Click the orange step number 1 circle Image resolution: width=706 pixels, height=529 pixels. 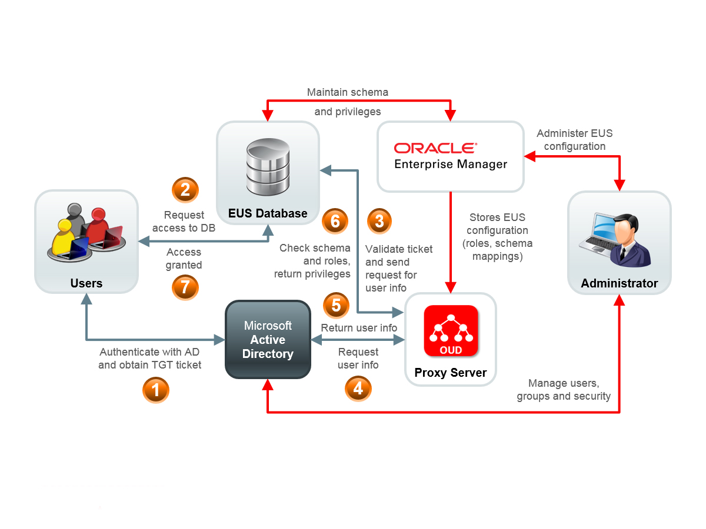[x=156, y=390]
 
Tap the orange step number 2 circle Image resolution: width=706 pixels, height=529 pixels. [x=185, y=190]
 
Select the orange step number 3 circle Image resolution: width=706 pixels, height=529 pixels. [x=379, y=221]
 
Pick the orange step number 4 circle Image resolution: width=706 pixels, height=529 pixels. [x=358, y=389]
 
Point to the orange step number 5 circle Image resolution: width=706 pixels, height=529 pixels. [x=336, y=305]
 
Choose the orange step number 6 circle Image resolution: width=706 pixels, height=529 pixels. [x=335, y=221]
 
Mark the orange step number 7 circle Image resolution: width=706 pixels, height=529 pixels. [x=185, y=287]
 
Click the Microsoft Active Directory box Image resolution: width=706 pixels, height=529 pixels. [x=268, y=340]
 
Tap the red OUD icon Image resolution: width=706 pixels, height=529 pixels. [x=451, y=330]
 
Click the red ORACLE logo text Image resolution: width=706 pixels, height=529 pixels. [x=435, y=148]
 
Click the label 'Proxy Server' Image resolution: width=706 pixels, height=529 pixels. [x=451, y=373]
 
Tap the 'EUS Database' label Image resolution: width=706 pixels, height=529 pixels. [x=268, y=213]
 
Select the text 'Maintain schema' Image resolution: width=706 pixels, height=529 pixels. [x=348, y=92]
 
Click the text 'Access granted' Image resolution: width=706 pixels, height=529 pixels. [x=184, y=259]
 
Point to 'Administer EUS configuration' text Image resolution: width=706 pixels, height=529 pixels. [x=574, y=140]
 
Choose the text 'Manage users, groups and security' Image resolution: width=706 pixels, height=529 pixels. [x=564, y=390]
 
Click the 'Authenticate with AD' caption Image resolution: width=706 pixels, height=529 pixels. [x=150, y=352]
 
